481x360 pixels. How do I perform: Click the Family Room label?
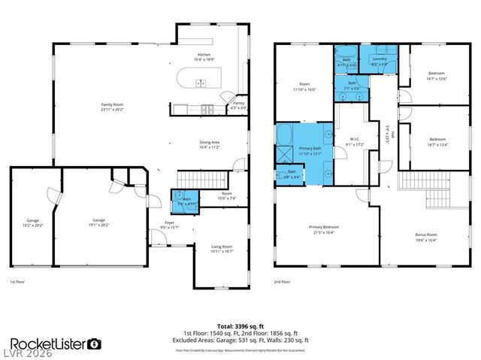pyautogui.click(x=113, y=106)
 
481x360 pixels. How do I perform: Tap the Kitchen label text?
pyautogui.click(x=204, y=56)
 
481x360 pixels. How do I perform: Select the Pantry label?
pyautogui.click(x=238, y=104)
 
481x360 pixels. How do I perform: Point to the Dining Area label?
pyautogui.click(x=210, y=144)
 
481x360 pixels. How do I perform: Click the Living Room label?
pyautogui.click(x=221, y=249)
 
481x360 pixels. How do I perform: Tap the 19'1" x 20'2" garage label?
pyautogui.click(x=98, y=222)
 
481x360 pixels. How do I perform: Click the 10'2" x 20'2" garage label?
pyautogui.click(x=33, y=222)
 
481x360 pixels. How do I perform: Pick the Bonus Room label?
pyautogui.click(x=426, y=238)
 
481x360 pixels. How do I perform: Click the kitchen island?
pyautogui.click(x=198, y=79)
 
